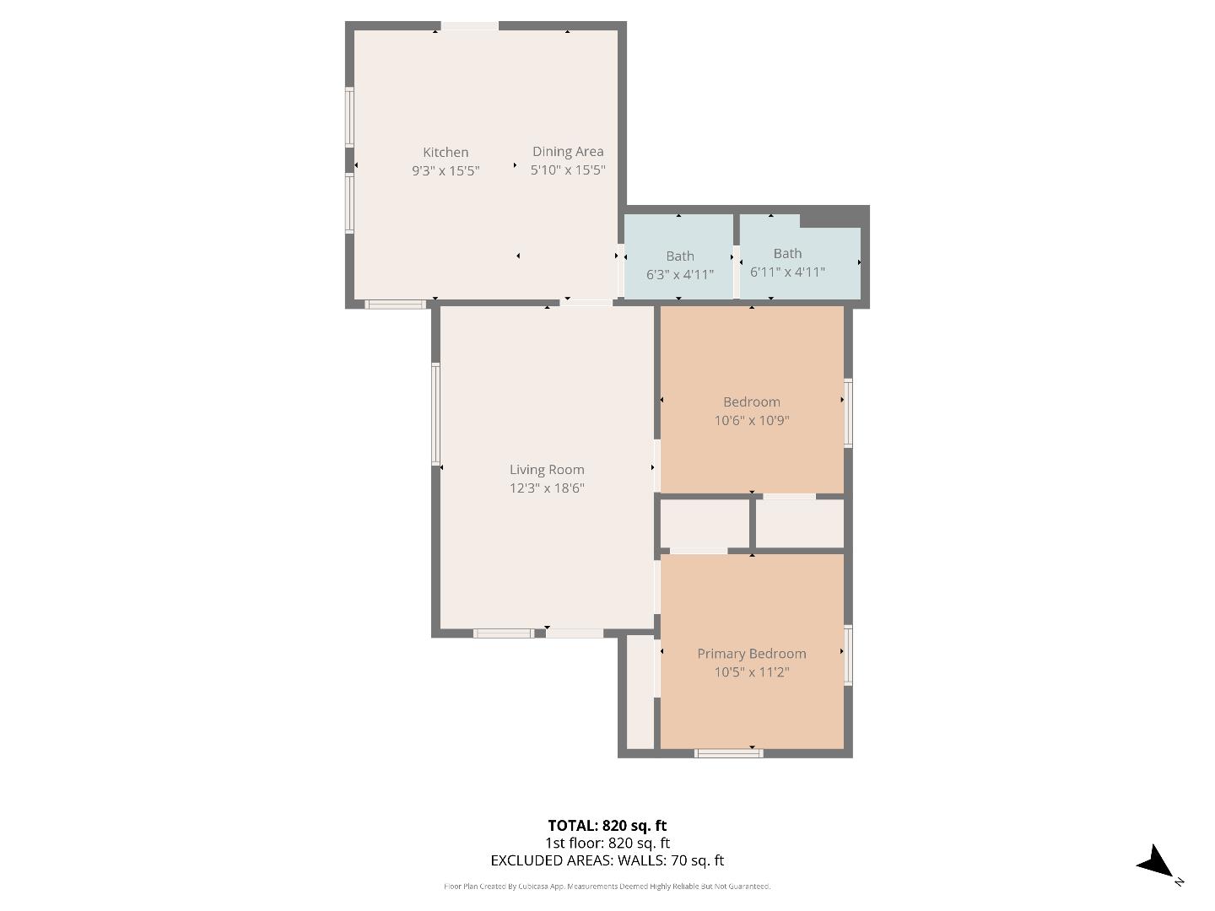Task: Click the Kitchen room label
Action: point(445,152)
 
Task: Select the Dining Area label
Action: point(568,151)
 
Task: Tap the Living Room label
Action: point(547,470)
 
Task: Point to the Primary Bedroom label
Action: point(751,654)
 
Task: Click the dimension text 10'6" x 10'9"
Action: point(751,420)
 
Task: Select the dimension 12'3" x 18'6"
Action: point(547,488)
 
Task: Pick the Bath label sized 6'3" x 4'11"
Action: point(680,256)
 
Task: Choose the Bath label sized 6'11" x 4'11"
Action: point(787,253)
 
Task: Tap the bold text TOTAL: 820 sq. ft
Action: point(607,826)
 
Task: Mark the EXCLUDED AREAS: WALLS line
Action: point(607,860)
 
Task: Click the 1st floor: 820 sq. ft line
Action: point(607,843)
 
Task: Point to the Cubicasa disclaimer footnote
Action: point(607,887)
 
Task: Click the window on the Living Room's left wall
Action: point(436,414)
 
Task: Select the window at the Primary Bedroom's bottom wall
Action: point(728,752)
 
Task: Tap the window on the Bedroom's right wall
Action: point(849,412)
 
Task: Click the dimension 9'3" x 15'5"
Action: point(445,170)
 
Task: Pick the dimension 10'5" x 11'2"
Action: point(751,672)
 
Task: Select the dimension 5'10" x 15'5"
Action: point(568,170)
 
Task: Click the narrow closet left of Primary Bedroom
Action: point(640,692)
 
